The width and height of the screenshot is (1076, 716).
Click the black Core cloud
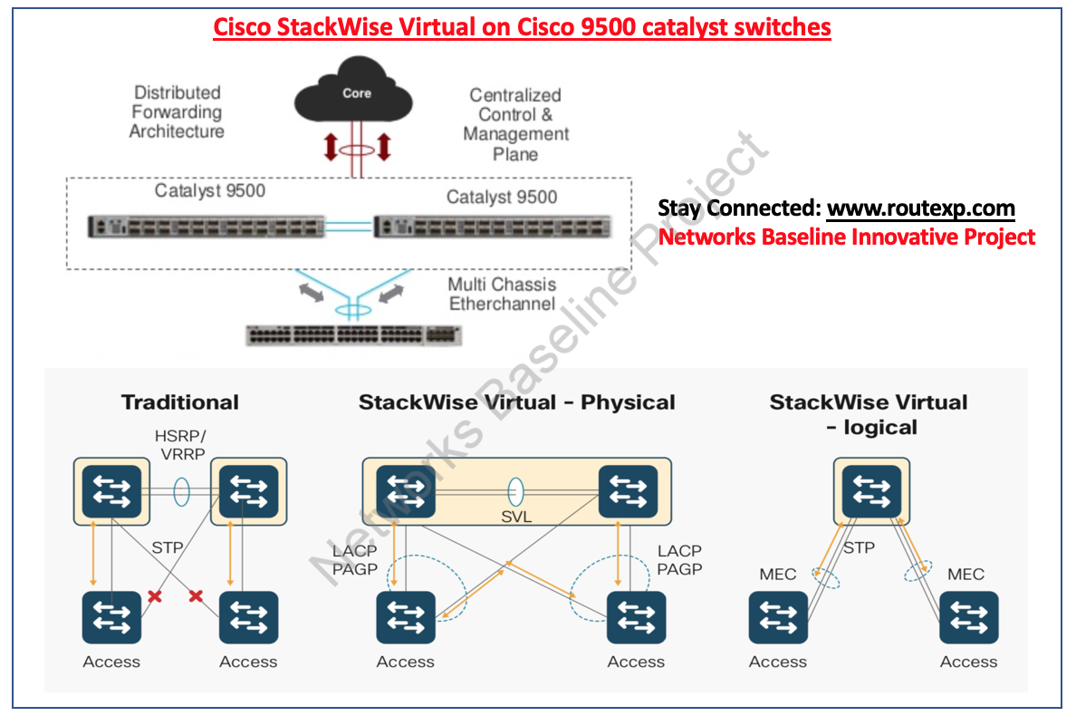[x=357, y=91]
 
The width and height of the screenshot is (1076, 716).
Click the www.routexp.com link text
[x=920, y=208]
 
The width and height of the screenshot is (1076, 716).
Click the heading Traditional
[x=180, y=402]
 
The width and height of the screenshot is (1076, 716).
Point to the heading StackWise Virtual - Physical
[x=516, y=402]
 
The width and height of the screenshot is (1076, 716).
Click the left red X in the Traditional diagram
[x=155, y=595]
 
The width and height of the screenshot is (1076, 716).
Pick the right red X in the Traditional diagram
[x=196, y=595]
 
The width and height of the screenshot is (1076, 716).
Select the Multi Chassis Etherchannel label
[x=502, y=294]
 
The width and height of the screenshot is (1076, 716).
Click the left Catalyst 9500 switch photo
[x=205, y=226]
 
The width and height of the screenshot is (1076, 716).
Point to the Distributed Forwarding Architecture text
[x=177, y=111]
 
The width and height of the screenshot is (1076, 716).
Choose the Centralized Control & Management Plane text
[x=515, y=124]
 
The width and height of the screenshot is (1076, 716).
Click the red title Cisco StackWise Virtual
[x=522, y=27]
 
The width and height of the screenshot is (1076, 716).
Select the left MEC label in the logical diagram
[x=777, y=574]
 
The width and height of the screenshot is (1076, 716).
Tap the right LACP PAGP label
[x=678, y=560]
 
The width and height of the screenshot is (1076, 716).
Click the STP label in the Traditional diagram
[x=166, y=547]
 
